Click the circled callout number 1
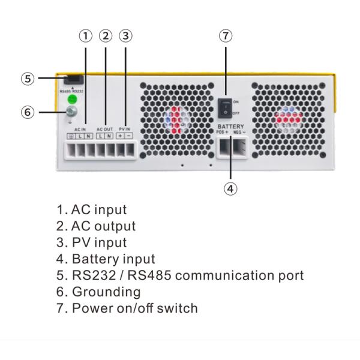click(86, 35)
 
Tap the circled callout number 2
click(106, 35)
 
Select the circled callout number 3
click(125, 35)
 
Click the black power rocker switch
click(224, 106)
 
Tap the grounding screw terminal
click(71, 112)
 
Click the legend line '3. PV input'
click(92, 242)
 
